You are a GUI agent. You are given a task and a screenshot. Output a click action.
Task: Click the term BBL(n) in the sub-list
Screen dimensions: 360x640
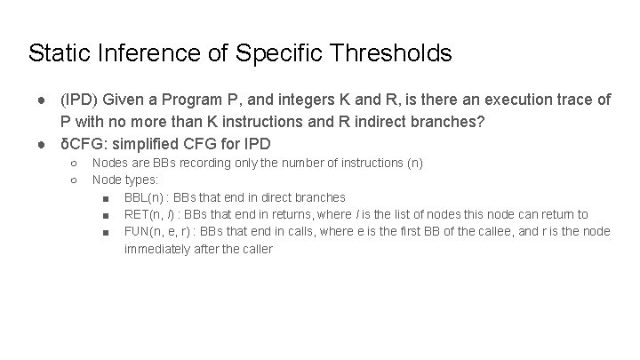pos(144,197)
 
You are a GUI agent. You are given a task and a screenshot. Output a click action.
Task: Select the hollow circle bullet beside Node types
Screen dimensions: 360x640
pos(73,180)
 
